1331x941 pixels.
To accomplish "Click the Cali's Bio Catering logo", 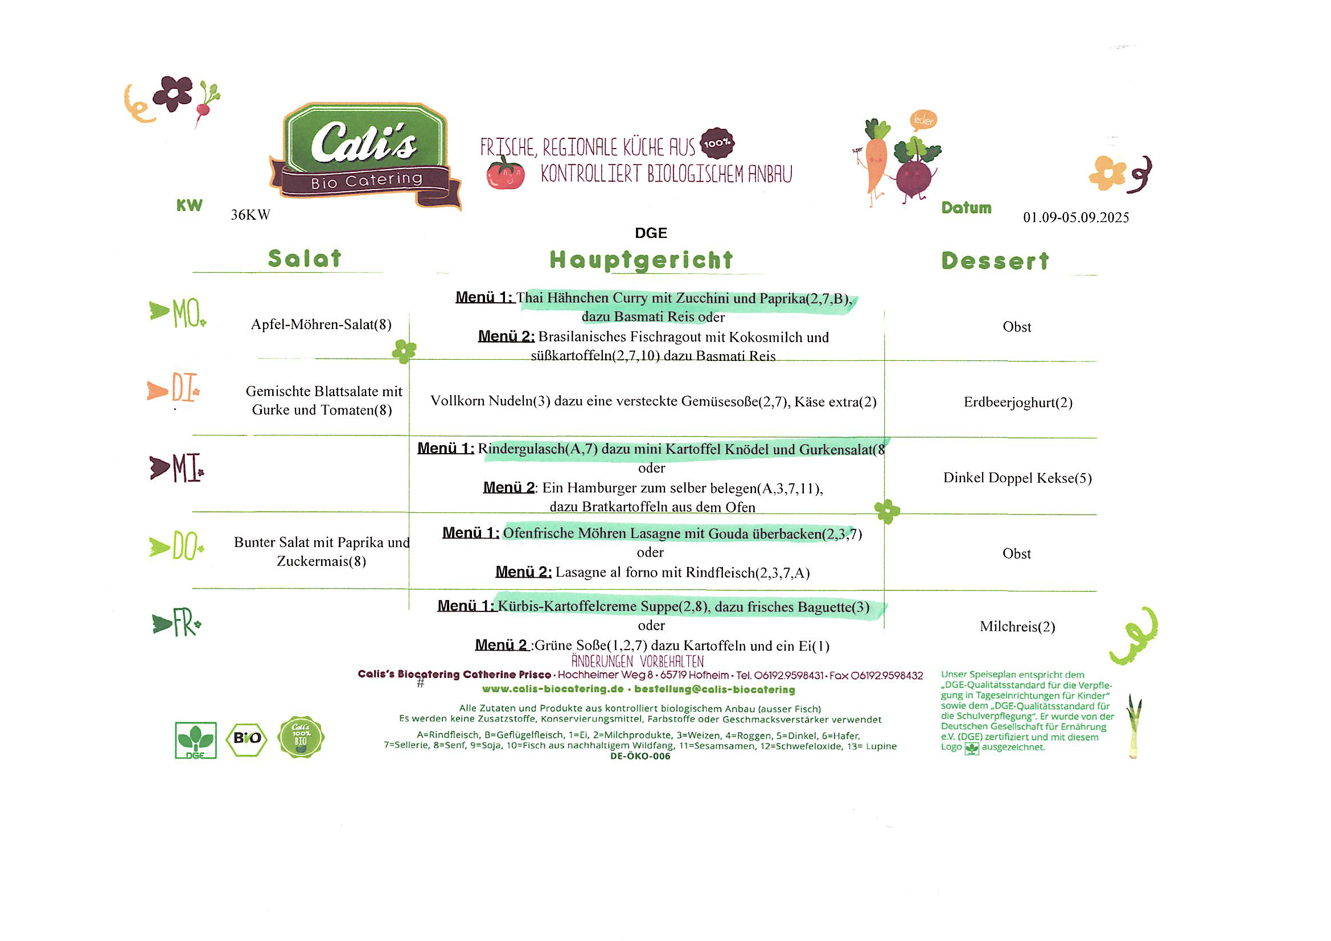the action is pos(365,155).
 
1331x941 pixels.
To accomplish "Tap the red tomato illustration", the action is pos(506,174).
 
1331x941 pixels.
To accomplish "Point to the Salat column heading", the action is pos(305,258).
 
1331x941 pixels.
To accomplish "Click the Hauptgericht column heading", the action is pos(641,260).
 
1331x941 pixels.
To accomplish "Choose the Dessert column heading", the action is pos(995,261).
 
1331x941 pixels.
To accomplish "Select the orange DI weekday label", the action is pos(173,388).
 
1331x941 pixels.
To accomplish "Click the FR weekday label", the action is pos(176,623).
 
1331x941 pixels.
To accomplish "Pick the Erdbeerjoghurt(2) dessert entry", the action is pos(1018,402).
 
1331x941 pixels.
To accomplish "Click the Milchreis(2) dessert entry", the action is pos(1017,627).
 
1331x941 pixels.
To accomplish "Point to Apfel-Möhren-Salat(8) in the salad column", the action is pos(321,324).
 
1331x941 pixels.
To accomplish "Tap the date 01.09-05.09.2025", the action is pos(1076,217).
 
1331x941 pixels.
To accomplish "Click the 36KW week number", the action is pos(250,215).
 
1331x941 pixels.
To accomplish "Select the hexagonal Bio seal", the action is pos(247,739).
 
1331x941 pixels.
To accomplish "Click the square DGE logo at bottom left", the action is pos(196,741).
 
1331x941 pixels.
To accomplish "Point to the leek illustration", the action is pos(1133,726).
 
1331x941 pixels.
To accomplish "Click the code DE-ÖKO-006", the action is pos(640,756).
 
